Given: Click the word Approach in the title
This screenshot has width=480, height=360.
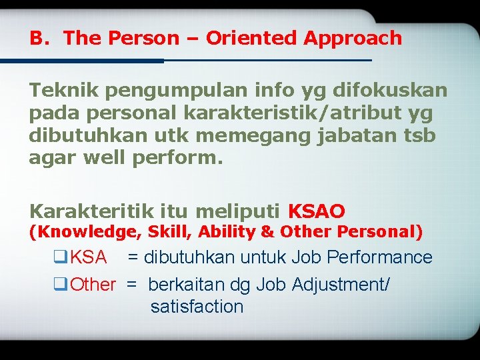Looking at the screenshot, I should [x=353, y=39].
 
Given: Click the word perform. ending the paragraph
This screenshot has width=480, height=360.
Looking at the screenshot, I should [x=172, y=159].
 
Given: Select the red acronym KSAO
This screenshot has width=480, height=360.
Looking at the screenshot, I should [x=316, y=212].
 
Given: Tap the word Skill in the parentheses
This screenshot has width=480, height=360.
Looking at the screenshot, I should [x=167, y=232].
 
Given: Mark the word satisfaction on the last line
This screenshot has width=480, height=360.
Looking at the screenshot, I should [x=197, y=307].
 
